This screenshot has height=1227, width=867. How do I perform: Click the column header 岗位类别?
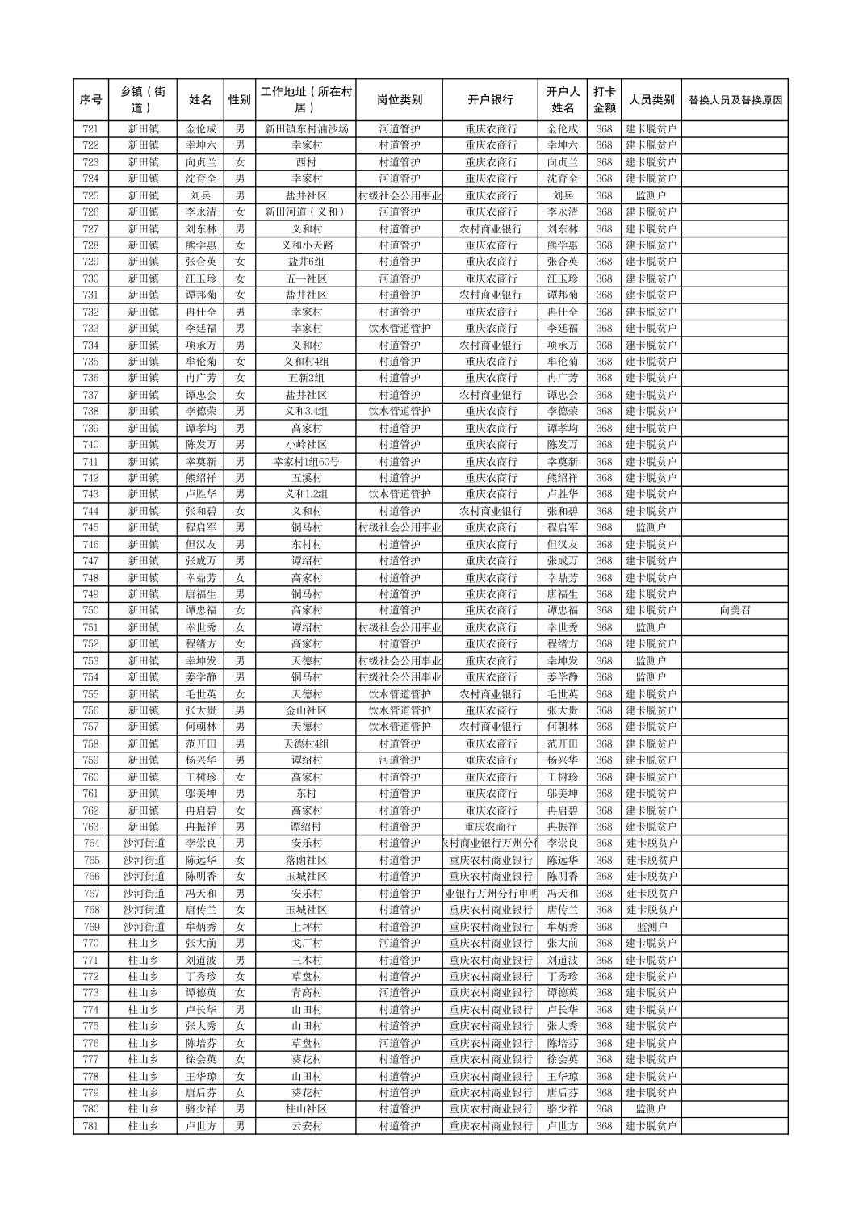(399, 100)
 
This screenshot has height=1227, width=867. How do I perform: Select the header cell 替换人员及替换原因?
(735, 100)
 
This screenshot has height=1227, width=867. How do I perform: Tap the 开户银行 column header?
(490, 100)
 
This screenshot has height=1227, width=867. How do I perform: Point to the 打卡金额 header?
(604, 100)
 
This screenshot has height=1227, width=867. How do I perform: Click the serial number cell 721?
(90, 128)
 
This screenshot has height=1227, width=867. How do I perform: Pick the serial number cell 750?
(90, 610)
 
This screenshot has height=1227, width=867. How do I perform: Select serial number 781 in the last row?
(90, 1126)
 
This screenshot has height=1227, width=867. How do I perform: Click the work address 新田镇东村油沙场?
(306, 128)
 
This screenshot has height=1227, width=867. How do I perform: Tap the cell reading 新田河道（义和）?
(306, 211)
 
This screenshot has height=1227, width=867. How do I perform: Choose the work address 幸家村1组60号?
(306, 461)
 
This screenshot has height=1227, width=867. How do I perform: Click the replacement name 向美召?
(735, 610)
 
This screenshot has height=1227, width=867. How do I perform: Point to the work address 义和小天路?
(306, 245)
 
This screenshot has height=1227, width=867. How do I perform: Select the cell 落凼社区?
(306, 860)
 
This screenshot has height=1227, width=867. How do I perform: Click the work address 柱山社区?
(306, 1109)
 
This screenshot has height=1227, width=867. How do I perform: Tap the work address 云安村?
(306, 1126)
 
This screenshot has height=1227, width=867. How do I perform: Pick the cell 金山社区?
(306, 710)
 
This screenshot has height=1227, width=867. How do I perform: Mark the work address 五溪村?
(306, 478)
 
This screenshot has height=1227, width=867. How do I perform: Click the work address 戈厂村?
(306, 943)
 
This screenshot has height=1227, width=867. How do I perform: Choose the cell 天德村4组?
(306, 743)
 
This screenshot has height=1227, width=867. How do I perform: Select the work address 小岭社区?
(306, 445)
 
